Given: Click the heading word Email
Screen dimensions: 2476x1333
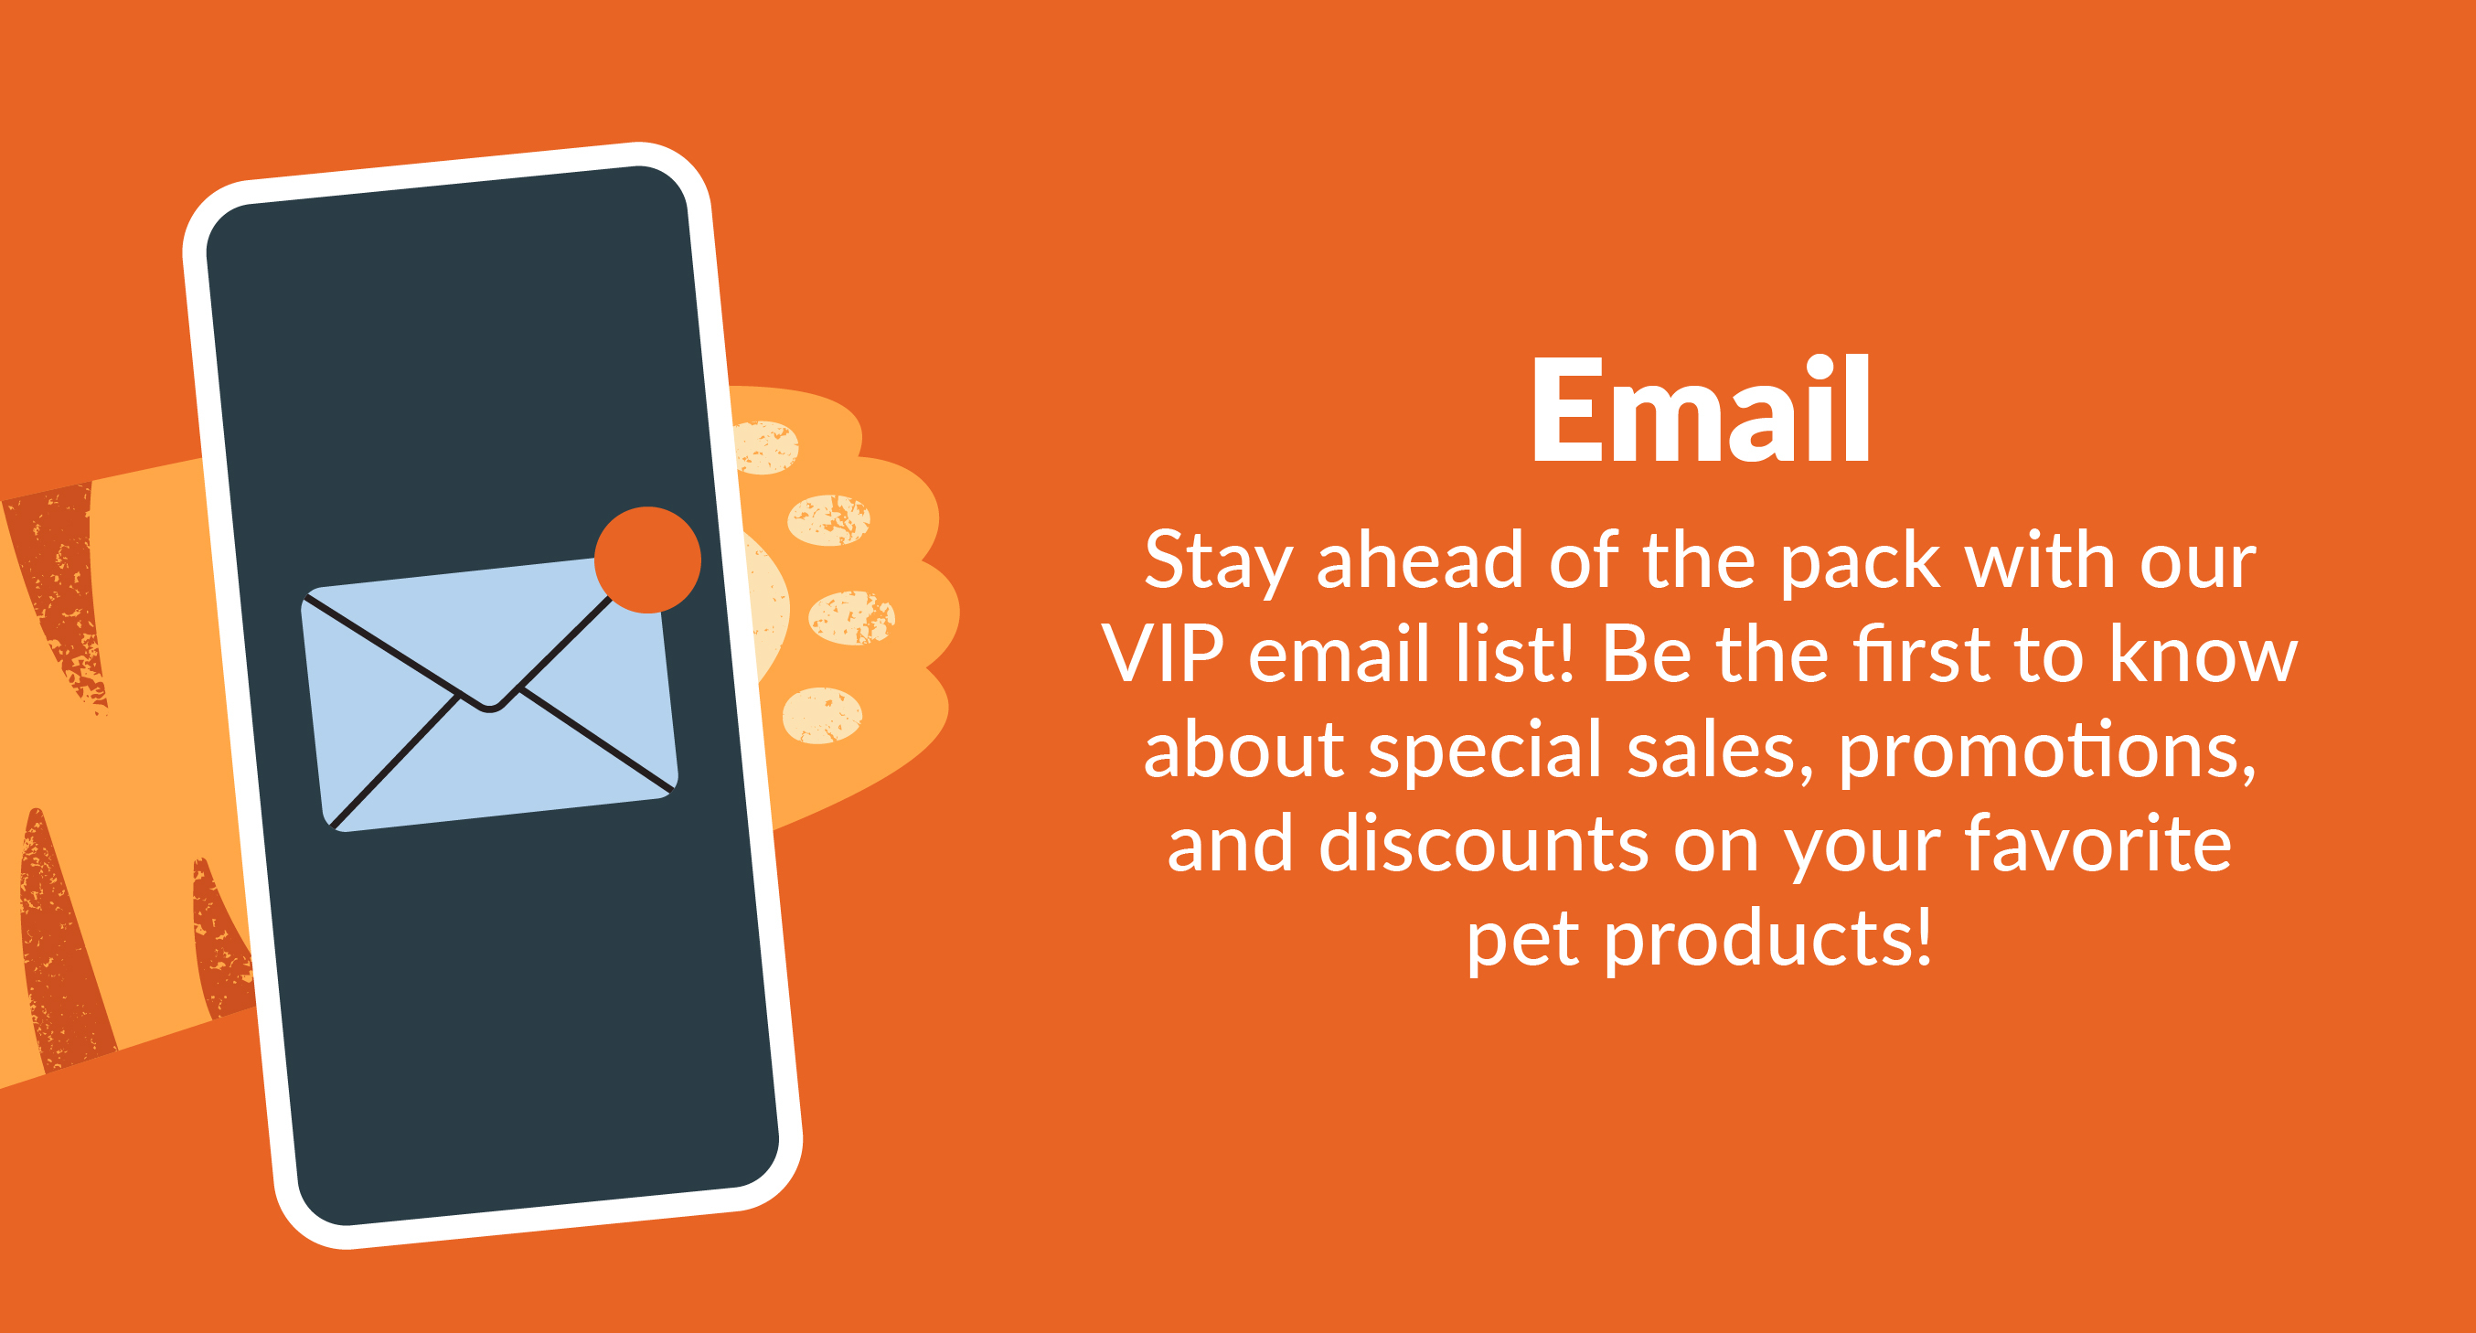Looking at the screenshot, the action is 1701,410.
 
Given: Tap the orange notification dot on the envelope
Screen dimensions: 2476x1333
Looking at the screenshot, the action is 648,560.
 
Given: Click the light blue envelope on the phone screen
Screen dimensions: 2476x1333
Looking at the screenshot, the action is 490,694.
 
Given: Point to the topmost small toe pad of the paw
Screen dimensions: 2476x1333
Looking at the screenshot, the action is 766,447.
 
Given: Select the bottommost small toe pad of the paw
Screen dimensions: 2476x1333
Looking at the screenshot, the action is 822,715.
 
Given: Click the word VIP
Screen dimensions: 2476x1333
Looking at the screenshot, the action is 1163,655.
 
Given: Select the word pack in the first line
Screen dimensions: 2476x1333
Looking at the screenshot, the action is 1861,561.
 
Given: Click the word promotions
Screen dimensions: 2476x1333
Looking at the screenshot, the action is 2047,752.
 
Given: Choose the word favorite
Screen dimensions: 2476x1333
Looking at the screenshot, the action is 2097,843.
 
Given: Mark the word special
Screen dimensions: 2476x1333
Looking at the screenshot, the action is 1485,752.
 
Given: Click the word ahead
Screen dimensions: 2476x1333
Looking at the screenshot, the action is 1420,560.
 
